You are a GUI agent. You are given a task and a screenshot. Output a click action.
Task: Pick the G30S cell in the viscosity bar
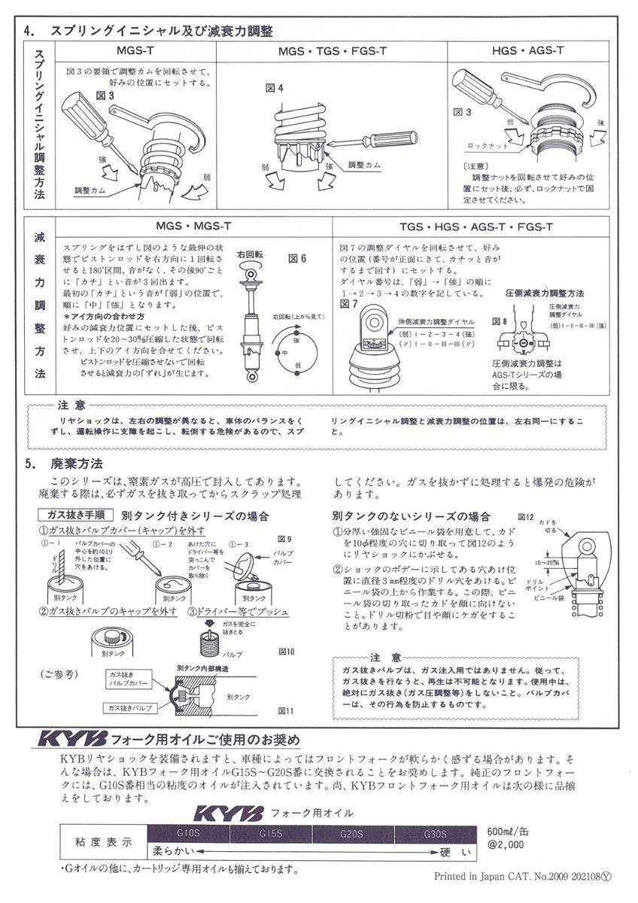435,834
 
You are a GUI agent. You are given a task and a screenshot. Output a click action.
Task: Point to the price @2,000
505,846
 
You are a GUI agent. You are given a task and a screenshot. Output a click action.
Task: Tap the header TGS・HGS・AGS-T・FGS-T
476,227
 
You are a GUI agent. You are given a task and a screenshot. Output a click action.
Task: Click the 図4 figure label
274,88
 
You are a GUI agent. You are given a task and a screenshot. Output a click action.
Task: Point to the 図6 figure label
298,257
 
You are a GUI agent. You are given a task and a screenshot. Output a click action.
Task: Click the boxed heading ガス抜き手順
75,515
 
